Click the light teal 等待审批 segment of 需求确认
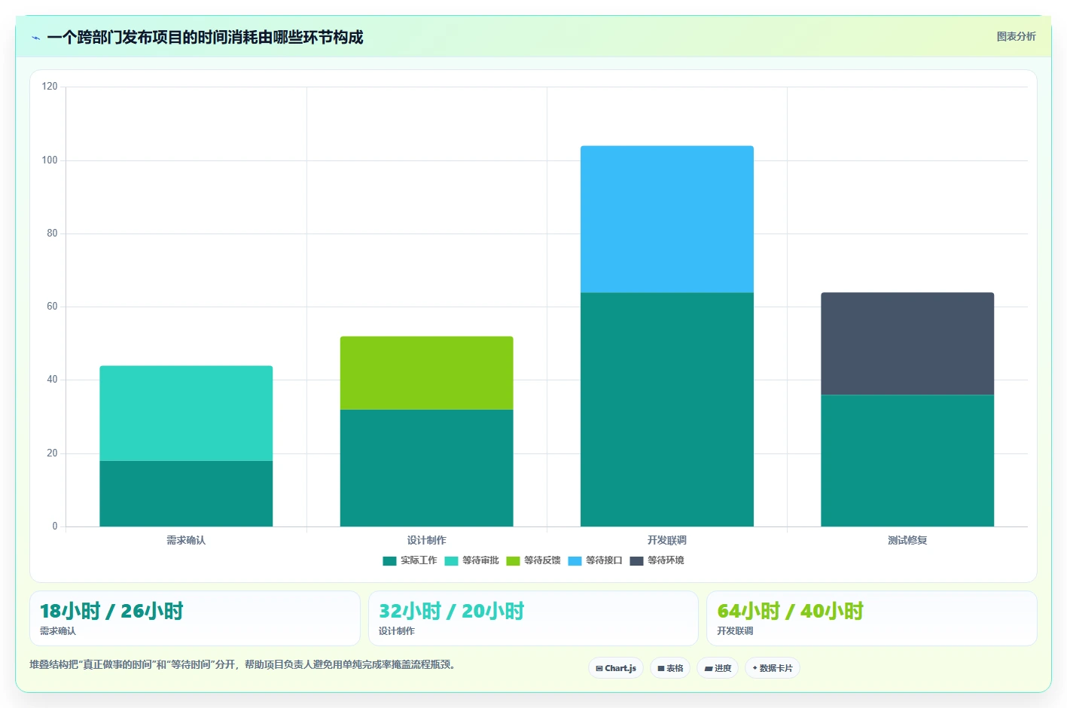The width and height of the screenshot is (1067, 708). pos(186,413)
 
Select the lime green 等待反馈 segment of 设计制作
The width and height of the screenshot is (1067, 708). pos(426,373)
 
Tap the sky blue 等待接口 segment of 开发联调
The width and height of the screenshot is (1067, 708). pos(667,219)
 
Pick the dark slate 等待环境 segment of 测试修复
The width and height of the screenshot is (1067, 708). pos(907,343)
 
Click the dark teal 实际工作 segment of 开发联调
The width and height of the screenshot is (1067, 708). pos(667,410)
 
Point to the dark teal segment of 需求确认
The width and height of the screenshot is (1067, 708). pos(186,493)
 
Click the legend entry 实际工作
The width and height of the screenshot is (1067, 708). pos(410,560)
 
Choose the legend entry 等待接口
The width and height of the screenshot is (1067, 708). pos(596,560)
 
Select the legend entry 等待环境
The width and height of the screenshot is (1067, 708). pos(657,560)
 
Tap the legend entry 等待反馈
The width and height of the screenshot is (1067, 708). pos(533,560)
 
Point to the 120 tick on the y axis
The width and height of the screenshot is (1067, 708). pos(50,86)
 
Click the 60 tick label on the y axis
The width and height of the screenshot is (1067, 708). pos(52,307)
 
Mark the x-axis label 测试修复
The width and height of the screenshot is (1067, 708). pos(907,540)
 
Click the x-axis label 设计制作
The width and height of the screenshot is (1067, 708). pos(426,540)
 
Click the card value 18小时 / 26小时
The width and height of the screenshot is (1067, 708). pos(111,612)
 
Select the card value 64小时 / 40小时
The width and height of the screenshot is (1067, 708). pos(790,612)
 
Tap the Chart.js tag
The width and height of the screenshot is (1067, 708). pos(616,668)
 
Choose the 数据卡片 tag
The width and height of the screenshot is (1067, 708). pos(772,668)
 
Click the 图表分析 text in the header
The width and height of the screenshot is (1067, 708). pos(1016,37)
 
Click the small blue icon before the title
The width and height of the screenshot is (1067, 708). pos(35,38)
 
